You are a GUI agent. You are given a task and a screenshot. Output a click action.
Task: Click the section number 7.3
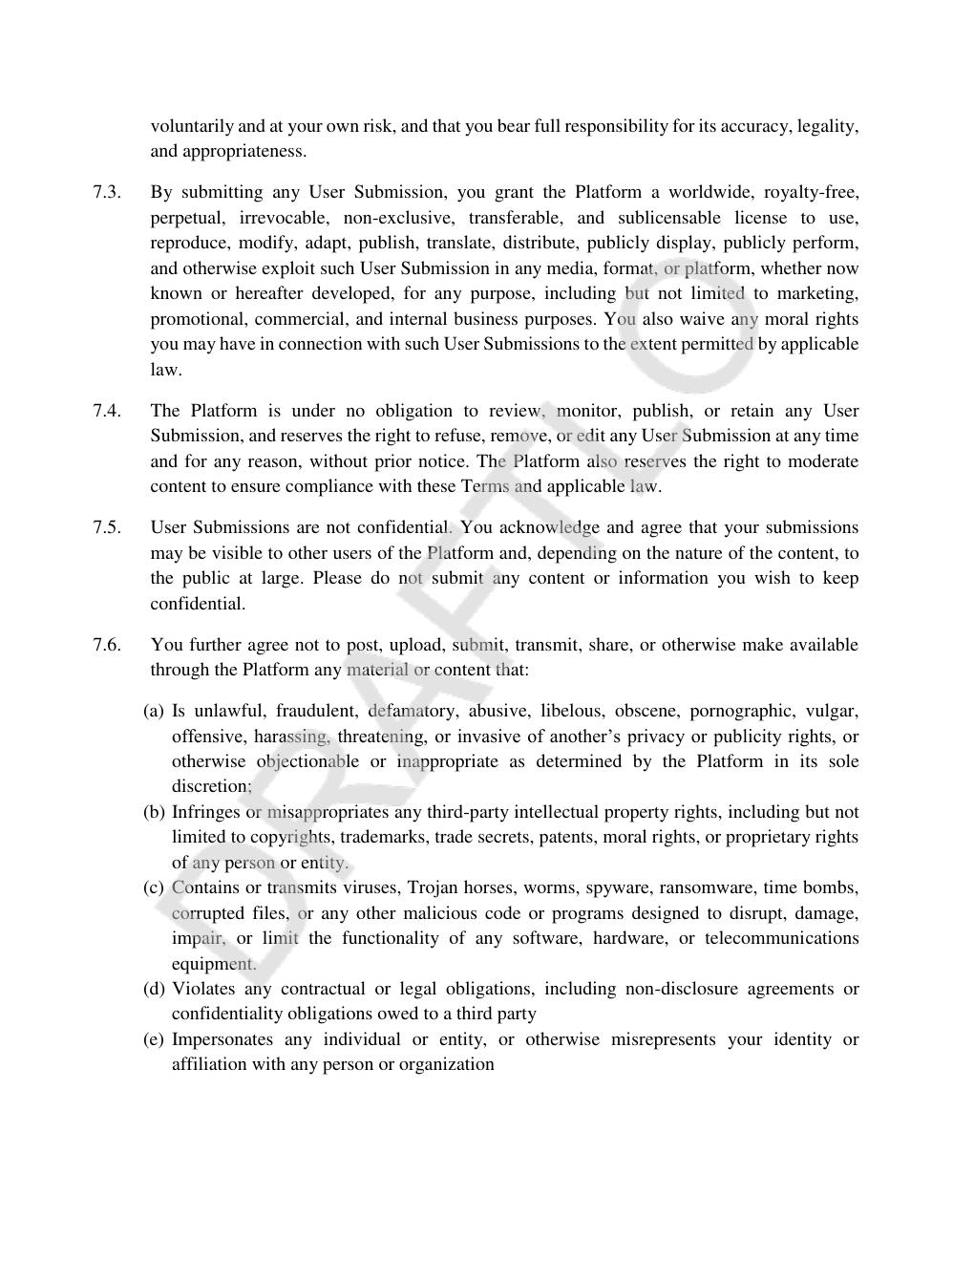coord(106,192)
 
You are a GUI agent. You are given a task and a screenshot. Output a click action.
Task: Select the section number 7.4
coord(106,411)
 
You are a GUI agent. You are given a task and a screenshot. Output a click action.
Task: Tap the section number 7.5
coord(106,527)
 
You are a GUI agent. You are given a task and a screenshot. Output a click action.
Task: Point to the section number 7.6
coord(106,645)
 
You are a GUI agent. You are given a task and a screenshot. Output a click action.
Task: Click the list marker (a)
coord(154,711)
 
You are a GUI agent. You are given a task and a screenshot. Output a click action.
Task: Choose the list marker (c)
coord(154,887)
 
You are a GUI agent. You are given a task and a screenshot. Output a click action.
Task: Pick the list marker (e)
coord(154,1039)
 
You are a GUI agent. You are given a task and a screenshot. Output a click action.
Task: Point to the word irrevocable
coord(284,218)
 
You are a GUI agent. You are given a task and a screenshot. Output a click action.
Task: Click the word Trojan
coord(433,887)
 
